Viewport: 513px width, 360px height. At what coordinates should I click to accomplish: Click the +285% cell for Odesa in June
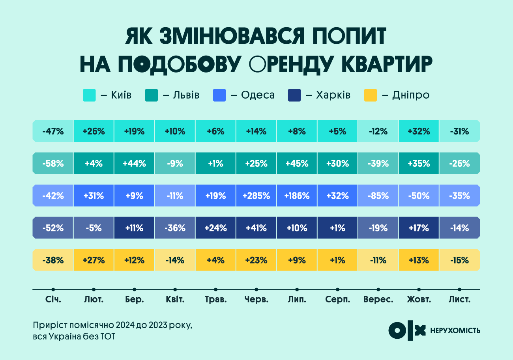[x=256, y=196]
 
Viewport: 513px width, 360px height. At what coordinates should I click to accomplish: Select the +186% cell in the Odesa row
[x=297, y=196]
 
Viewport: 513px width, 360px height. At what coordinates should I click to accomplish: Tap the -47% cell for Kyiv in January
[x=53, y=131]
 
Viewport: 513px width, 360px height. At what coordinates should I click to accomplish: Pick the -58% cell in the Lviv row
[x=53, y=163]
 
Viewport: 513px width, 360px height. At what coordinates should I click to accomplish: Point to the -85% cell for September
[x=378, y=196]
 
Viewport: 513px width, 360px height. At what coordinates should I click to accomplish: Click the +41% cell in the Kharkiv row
[x=256, y=228]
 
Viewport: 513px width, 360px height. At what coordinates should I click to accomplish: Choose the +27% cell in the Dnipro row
[x=94, y=260]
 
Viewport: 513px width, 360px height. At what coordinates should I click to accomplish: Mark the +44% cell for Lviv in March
[x=135, y=163]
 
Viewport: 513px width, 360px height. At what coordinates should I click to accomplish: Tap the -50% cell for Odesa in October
[x=419, y=196]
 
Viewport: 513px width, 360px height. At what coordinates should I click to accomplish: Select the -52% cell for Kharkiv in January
[x=53, y=228]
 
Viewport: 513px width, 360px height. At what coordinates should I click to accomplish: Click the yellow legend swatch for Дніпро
[x=371, y=95]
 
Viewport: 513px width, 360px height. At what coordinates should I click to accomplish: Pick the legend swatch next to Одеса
[x=219, y=95]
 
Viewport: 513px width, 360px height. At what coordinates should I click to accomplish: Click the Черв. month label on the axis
[x=256, y=300]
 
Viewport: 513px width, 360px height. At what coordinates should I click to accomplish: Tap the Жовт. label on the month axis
[x=419, y=300]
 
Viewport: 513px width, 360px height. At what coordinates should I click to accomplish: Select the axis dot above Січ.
[x=53, y=289]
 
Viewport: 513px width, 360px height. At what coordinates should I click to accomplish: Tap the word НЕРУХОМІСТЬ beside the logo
[x=455, y=330]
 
